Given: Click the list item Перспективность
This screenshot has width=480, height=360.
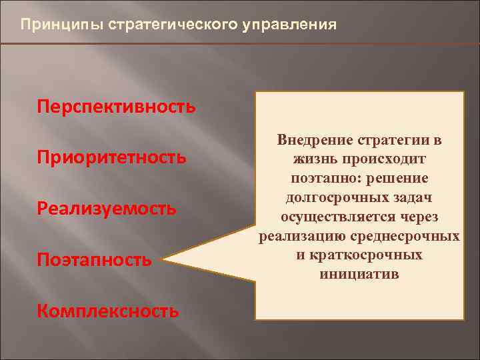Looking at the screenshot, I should [117, 107].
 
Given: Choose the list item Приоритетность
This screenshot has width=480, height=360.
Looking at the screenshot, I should [111, 158].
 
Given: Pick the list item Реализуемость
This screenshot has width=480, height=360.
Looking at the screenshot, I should [107, 209].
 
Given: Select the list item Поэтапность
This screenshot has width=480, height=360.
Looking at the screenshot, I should [95, 260].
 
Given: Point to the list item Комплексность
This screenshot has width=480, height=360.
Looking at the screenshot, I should [108, 311].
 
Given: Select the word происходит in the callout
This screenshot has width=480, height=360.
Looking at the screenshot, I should [382, 161].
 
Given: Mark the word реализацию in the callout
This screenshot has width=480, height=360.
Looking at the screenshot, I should [296, 237].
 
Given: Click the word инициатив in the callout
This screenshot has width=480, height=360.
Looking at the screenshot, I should [359, 274].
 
